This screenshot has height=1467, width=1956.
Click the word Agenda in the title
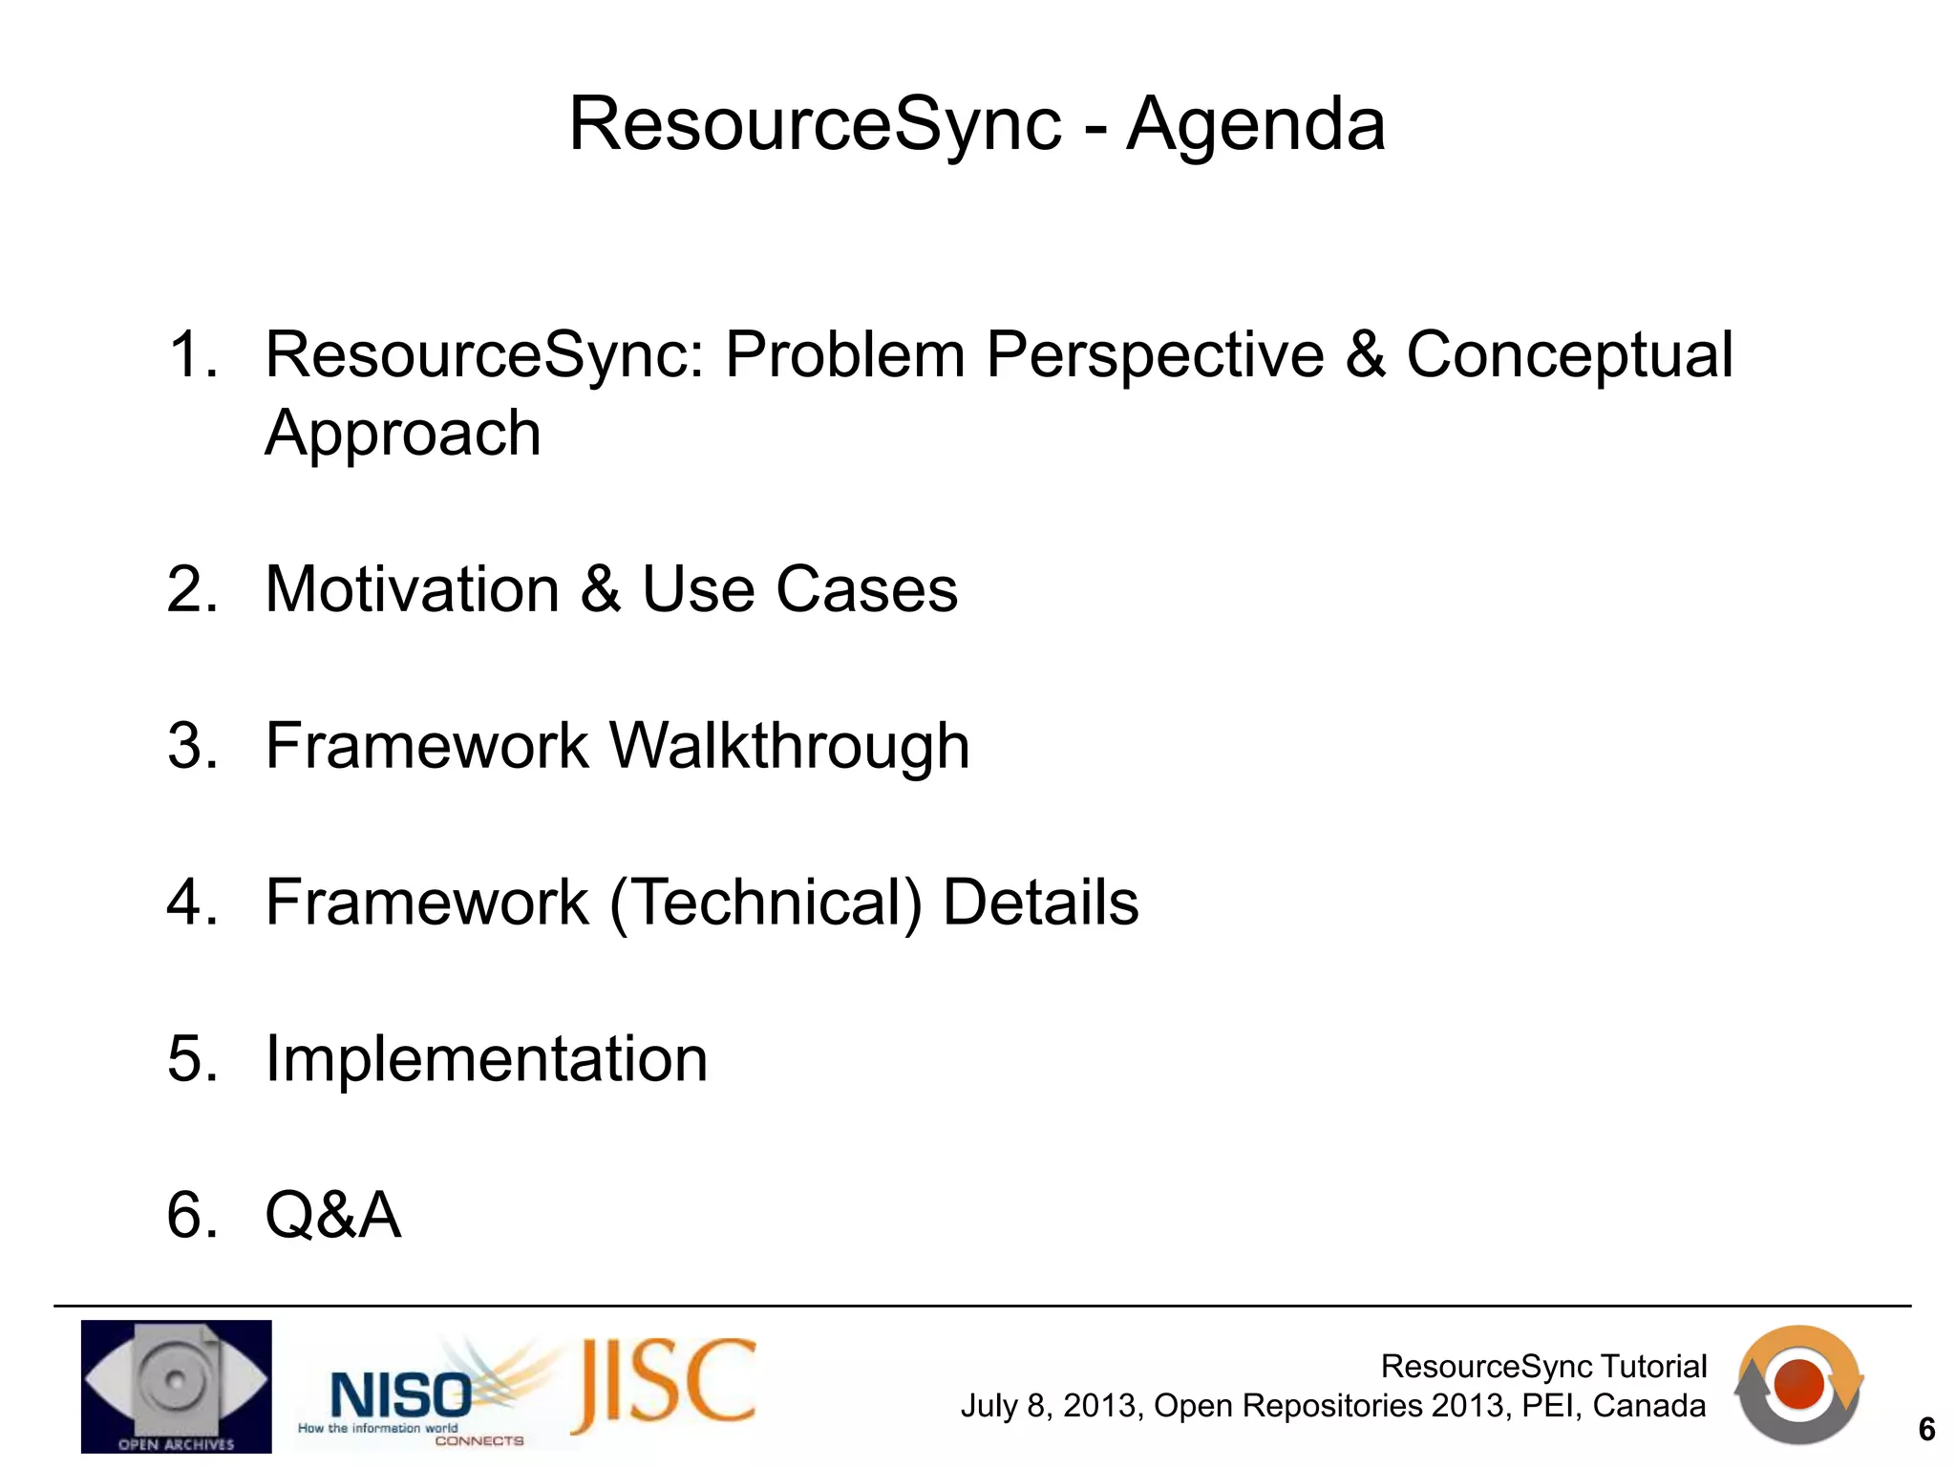point(1255,124)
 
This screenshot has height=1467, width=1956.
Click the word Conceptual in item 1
point(1568,355)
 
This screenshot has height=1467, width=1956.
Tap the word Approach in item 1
point(402,434)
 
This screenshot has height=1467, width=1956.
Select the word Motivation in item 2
point(412,589)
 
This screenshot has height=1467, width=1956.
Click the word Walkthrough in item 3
point(789,746)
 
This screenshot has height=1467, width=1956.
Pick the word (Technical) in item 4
point(766,903)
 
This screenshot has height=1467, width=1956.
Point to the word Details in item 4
point(1040,903)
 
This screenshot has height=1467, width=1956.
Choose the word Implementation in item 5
point(486,1059)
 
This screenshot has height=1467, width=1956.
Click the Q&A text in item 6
point(332,1216)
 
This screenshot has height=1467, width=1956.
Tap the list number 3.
point(190,746)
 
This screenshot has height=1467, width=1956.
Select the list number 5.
point(190,1059)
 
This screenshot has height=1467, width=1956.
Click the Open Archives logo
point(177,1386)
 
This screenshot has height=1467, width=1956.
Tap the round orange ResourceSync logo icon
point(1798,1384)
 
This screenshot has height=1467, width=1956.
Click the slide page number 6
point(1926,1430)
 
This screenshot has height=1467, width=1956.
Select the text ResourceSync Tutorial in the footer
point(1543,1367)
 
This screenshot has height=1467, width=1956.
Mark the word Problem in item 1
point(844,355)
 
